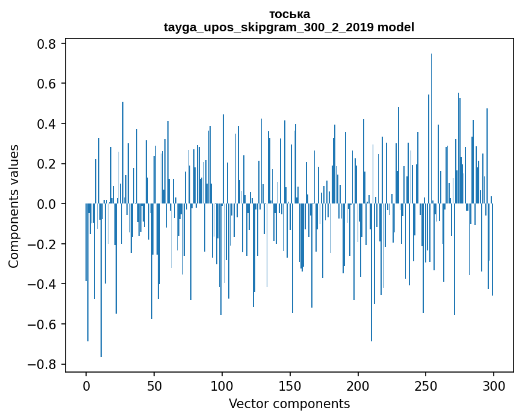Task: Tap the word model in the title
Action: [x=396, y=27]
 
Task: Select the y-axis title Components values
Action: [x=14, y=206]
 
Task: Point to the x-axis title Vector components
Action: [x=289, y=403]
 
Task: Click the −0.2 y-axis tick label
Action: [x=42, y=244]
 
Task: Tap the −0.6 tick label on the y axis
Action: [x=42, y=324]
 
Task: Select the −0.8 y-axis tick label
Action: [x=42, y=364]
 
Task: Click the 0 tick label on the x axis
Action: [x=86, y=386]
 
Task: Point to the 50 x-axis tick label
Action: [x=154, y=386]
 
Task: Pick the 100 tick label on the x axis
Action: [x=222, y=386]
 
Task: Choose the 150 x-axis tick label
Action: [x=290, y=386]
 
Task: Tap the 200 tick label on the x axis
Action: [x=358, y=386]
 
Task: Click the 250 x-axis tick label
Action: [x=426, y=386]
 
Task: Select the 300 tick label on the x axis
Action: [x=494, y=386]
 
